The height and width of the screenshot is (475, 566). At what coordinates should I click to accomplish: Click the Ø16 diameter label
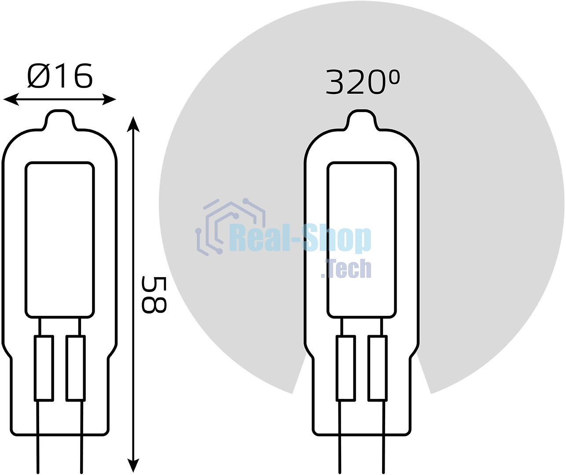pos(60,76)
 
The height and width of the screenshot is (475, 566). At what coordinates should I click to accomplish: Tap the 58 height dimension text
pos(154,295)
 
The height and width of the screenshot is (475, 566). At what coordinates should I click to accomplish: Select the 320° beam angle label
pos(363,82)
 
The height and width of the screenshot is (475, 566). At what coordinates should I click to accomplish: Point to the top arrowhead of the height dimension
pos(133,124)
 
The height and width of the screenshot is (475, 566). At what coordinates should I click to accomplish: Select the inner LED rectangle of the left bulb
pos(60,240)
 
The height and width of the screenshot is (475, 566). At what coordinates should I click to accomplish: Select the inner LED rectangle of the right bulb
pos(361,240)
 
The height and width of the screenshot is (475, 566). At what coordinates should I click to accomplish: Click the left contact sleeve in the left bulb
pos(44,369)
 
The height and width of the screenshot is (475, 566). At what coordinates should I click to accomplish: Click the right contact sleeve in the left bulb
pos(75,369)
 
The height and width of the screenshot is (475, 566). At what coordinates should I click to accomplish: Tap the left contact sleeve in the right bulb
pos(345,369)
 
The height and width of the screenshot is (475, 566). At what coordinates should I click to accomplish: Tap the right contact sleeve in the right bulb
pos(377,369)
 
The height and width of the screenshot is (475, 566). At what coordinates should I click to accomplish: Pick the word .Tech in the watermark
pos(346,269)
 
